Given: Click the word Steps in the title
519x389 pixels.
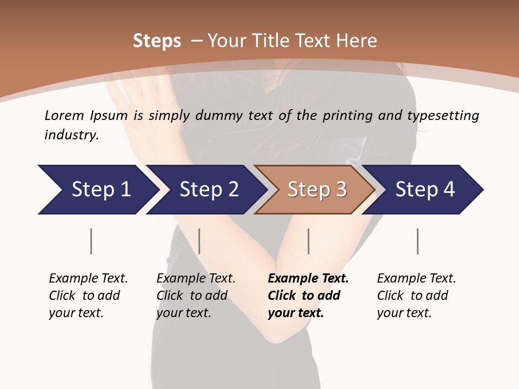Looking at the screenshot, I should click(157, 41).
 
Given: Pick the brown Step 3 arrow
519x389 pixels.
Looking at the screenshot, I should click(317, 189).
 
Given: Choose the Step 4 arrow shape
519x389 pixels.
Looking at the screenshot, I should click(425, 189).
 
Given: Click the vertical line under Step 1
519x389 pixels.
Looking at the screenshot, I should click(91, 241).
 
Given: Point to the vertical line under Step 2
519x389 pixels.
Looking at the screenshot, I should click(199, 241).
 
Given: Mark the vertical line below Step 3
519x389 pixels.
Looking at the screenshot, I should click(309, 241).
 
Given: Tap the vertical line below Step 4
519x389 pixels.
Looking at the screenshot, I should click(418, 241).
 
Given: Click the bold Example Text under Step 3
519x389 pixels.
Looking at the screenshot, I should click(308, 295).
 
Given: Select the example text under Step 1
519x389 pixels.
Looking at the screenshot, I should click(88, 295).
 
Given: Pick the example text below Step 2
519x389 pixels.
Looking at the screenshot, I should click(196, 295).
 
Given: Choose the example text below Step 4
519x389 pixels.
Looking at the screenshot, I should click(416, 295).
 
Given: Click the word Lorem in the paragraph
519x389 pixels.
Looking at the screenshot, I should click(64, 115).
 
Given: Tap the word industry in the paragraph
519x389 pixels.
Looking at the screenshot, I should click(71, 135).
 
